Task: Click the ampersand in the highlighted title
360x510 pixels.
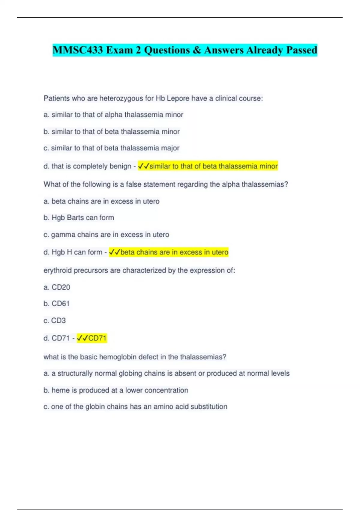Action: (197, 50)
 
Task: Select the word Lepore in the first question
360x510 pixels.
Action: (178, 98)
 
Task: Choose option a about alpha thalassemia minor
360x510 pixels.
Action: (113, 115)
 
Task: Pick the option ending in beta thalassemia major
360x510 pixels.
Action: (111, 148)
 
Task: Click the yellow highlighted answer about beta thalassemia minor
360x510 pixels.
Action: (208, 166)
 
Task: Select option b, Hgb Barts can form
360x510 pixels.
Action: (79, 218)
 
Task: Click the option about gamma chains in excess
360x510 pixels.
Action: (106, 235)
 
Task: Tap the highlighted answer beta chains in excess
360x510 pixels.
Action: (169, 252)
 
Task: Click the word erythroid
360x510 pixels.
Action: (58, 271)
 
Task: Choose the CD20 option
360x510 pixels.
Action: (57, 287)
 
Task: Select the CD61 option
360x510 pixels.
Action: (57, 304)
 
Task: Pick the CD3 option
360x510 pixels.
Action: (55, 321)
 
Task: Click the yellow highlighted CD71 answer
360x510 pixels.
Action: (92, 338)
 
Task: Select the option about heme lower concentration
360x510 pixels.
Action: (116, 390)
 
